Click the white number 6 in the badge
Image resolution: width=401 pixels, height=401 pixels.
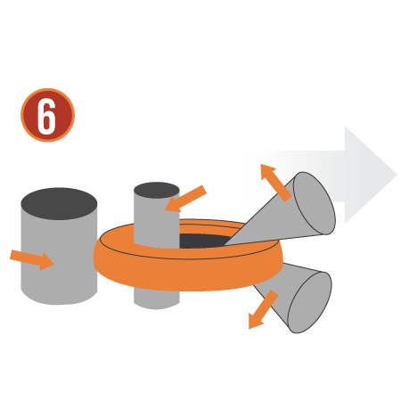pos(47,115)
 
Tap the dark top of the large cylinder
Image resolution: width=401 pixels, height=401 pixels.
pos(59,203)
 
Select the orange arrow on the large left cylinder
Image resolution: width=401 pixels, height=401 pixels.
pos(32,259)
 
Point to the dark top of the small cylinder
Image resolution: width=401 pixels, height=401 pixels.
pos(157,189)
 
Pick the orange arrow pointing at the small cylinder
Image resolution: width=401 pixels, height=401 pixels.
pos(185,199)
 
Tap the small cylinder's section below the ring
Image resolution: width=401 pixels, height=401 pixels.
pos(157,299)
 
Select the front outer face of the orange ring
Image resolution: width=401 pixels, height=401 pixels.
pos(188,274)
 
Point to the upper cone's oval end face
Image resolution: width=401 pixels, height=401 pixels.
pos(315,203)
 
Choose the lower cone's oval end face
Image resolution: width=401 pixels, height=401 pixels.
pos(310,302)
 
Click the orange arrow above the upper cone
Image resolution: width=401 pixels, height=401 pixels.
pos(275,183)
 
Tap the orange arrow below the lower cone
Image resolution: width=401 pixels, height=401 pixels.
pos(263,309)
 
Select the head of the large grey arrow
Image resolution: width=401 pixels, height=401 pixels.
pos(371,175)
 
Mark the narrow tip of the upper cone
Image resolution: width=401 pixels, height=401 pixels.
pos(225,245)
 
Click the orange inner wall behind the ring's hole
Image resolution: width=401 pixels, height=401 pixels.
pos(208,229)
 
